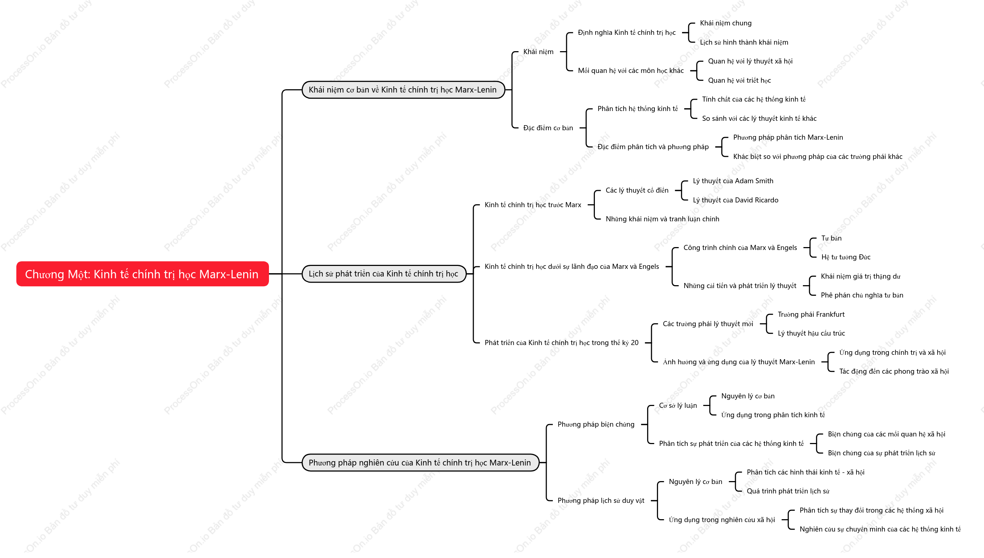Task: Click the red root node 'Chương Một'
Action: [x=142, y=274]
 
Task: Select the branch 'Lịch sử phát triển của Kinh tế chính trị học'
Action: [x=384, y=274]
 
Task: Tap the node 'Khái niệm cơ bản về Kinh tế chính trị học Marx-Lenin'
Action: [x=403, y=90]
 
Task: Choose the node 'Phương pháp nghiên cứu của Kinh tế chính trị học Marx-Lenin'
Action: [x=420, y=463]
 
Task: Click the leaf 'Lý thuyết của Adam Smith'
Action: [x=733, y=181]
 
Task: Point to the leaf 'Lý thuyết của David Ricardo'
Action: [x=736, y=200]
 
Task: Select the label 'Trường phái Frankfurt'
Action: [x=811, y=314]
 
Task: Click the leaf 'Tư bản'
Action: [x=832, y=238]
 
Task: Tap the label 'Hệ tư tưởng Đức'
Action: [x=846, y=257]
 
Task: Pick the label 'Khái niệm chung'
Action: [x=726, y=23]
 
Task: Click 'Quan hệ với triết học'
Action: [x=739, y=80]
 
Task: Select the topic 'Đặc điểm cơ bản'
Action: [x=548, y=128]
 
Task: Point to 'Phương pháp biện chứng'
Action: [x=596, y=424]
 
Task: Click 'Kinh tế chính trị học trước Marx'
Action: [x=533, y=205]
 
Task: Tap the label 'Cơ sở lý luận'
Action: [x=678, y=406]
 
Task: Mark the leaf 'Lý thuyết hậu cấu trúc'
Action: [x=811, y=333]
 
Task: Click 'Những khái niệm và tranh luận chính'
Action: [x=662, y=219]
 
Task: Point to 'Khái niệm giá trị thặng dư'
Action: [x=861, y=276]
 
